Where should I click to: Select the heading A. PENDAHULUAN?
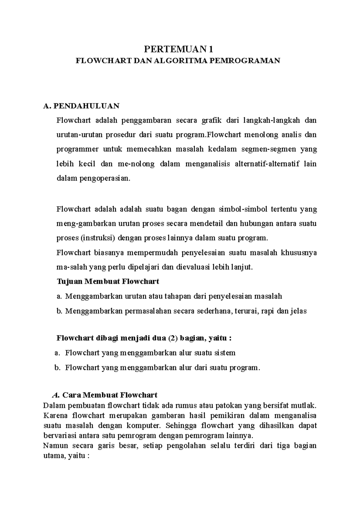coord(81,106)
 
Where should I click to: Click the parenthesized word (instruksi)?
coord(98,238)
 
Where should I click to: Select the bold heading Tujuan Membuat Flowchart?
coord(108,282)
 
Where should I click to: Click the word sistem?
coord(225,353)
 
